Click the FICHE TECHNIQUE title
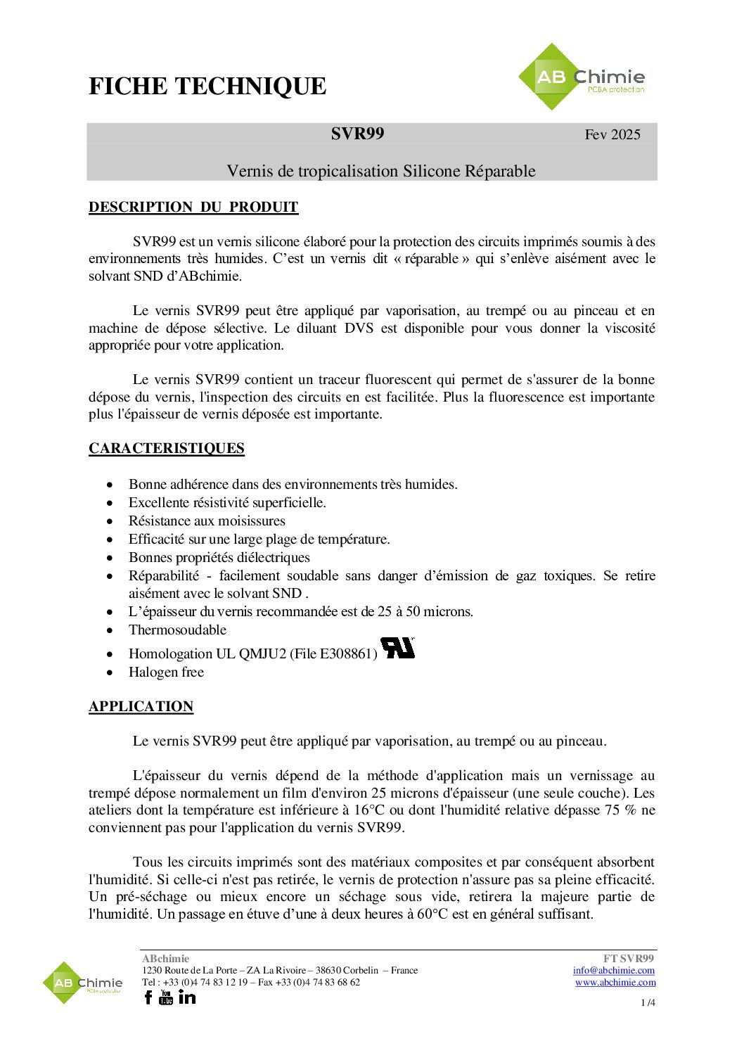click(207, 86)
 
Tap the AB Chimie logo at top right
click(581, 77)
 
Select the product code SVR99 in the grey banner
click(357, 134)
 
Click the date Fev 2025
click(612, 134)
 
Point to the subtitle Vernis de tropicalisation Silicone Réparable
click(380, 171)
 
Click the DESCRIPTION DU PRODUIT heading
click(193, 207)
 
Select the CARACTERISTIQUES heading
click(167, 448)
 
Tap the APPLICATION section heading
click(141, 706)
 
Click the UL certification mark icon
click(397, 648)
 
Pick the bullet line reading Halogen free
click(166, 672)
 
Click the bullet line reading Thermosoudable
click(177, 630)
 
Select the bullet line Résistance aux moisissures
click(207, 521)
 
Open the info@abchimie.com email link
click(613, 970)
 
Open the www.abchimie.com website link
click(615, 982)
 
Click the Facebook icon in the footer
click(148, 997)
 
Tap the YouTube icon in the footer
click(166, 997)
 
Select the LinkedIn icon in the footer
click(187, 997)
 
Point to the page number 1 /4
click(648, 1002)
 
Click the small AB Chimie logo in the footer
click(82, 983)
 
